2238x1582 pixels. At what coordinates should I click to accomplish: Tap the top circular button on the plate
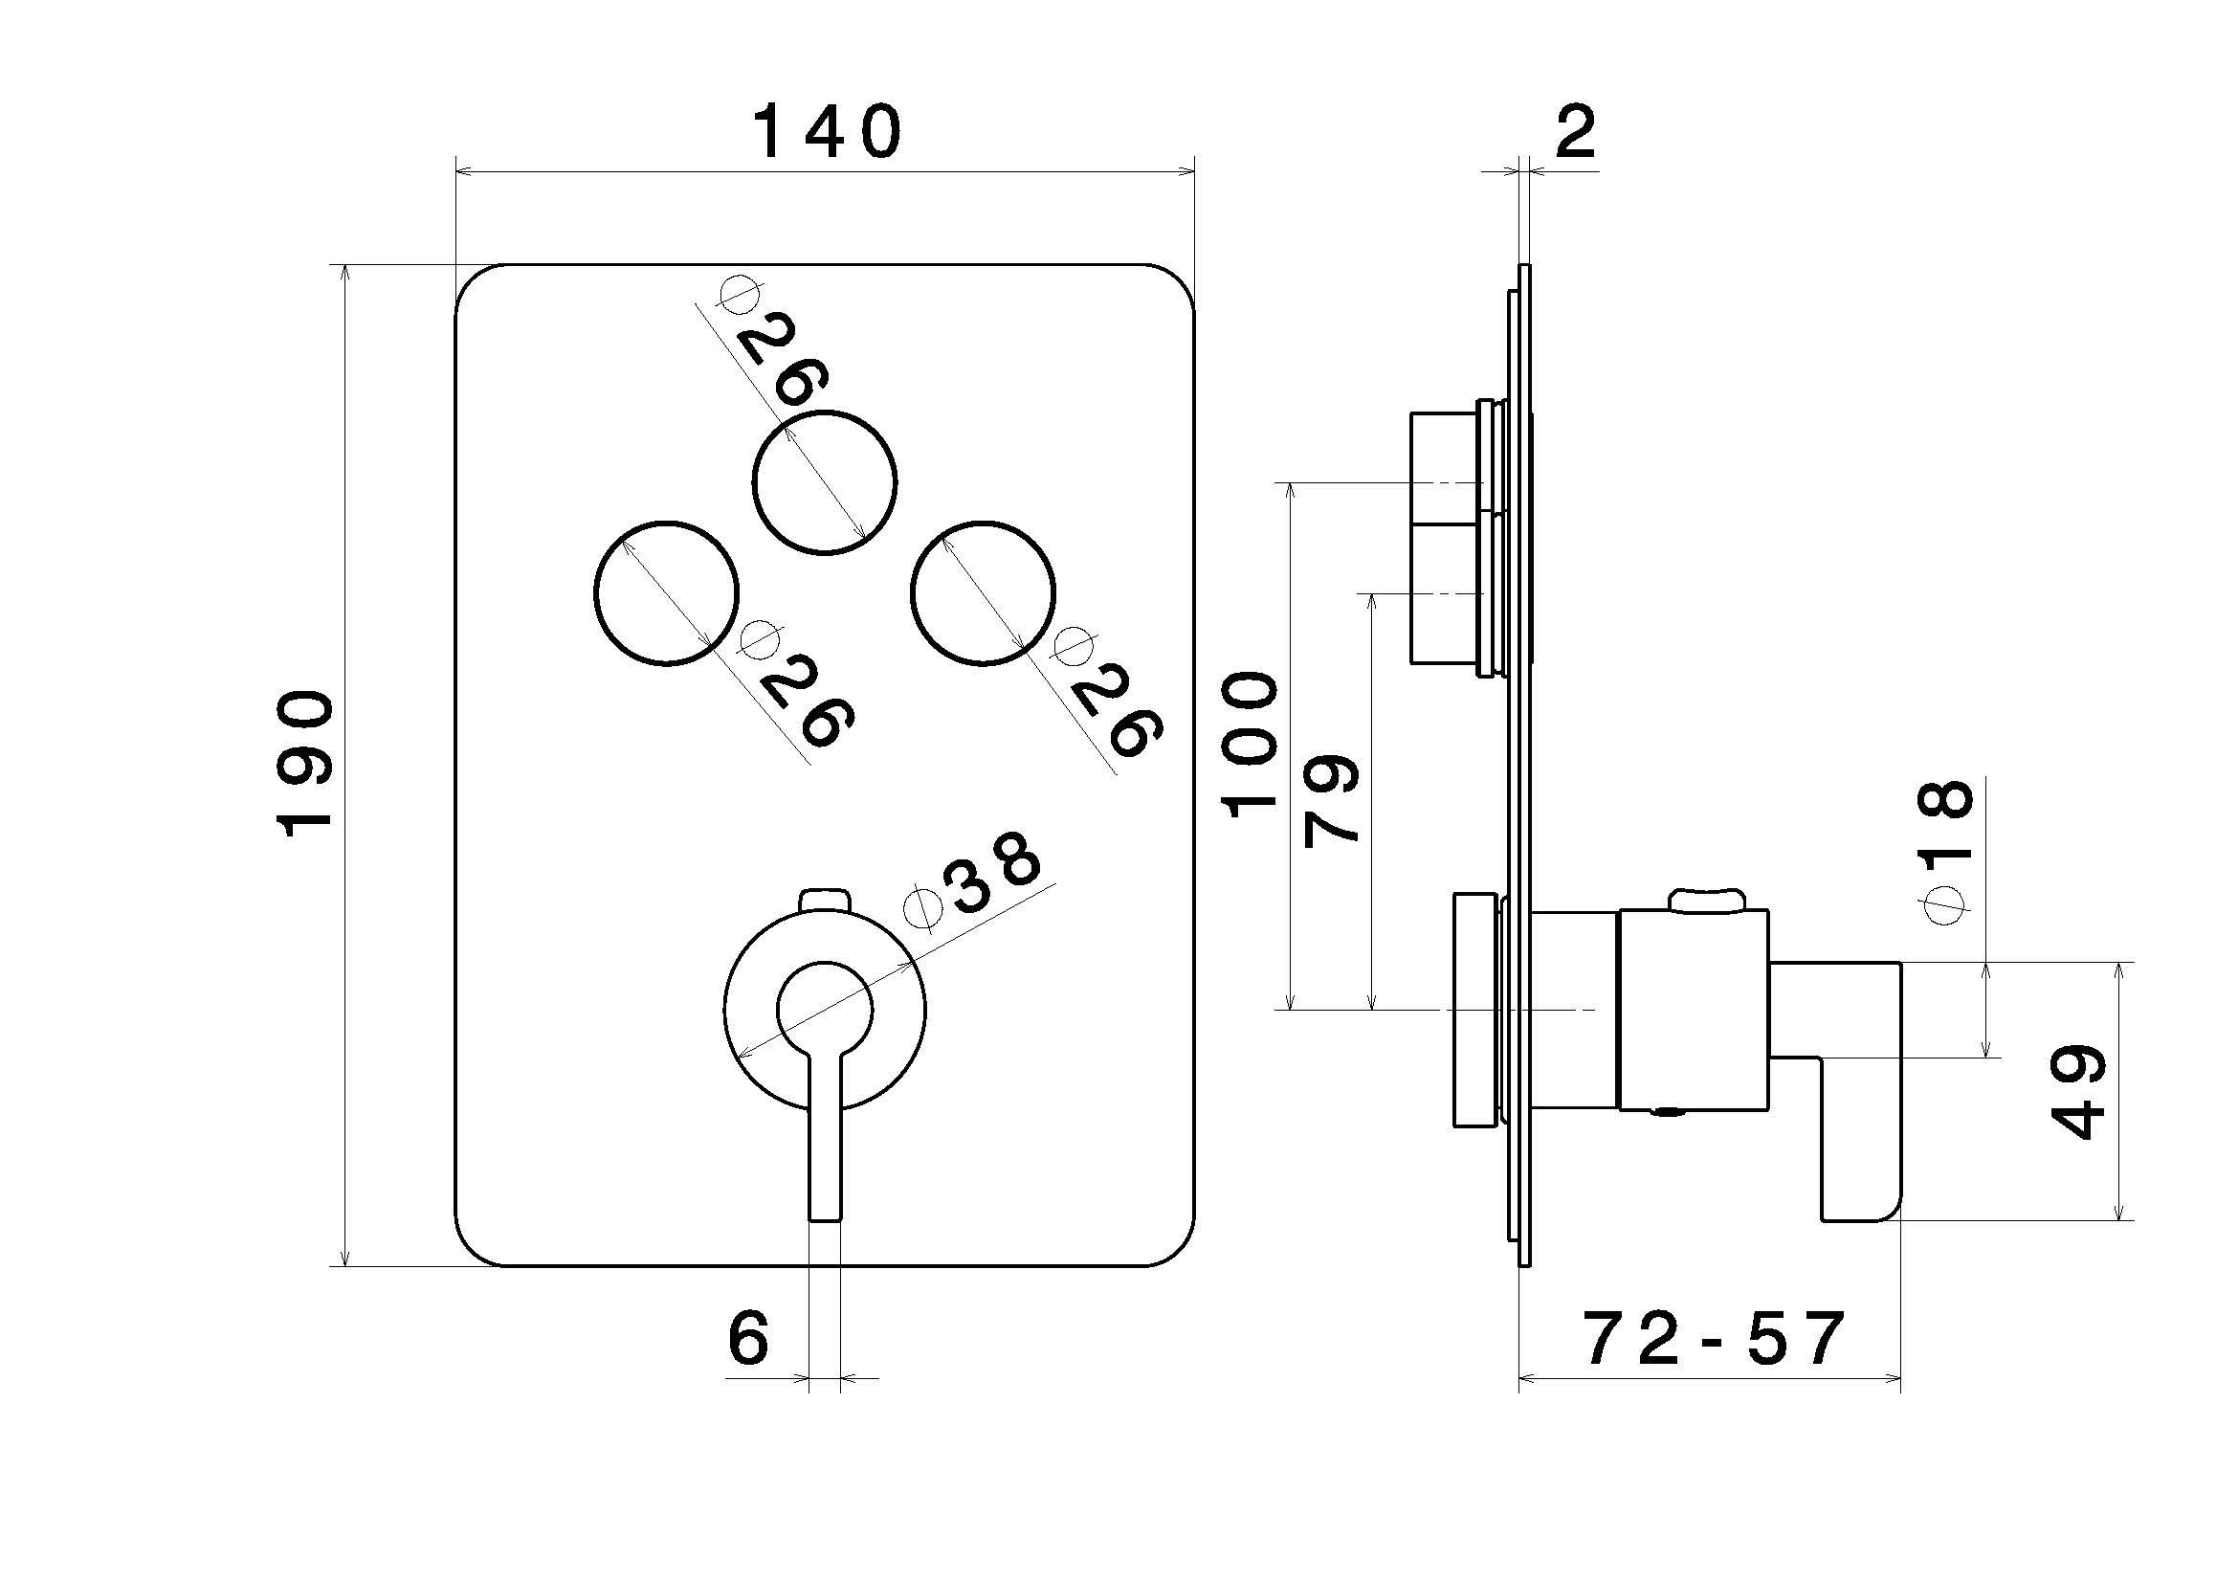click(826, 481)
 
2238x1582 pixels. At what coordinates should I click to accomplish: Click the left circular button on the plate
click(666, 592)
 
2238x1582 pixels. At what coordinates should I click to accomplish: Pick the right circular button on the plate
click(983, 592)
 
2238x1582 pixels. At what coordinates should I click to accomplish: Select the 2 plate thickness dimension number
click(1575, 134)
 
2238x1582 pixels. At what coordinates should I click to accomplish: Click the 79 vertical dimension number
click(1332, 798)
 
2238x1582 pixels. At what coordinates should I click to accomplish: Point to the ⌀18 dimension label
click(1945, 851)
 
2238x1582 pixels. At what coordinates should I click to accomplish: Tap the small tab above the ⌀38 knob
click(825, 899)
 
